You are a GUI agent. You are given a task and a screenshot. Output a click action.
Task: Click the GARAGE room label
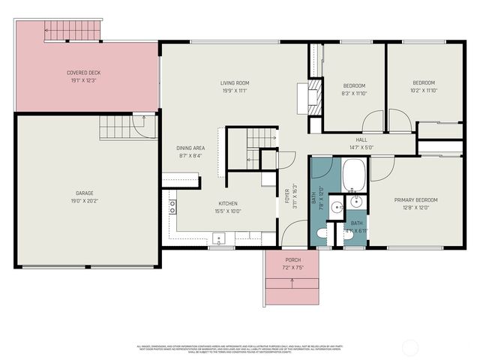click(x=84, y=193)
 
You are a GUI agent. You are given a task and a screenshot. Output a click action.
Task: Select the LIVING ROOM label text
click(x=234, y=82)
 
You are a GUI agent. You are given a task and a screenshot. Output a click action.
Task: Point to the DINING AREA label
click(x=190, y=148)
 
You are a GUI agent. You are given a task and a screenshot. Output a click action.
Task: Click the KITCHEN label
click(x=228, y=203)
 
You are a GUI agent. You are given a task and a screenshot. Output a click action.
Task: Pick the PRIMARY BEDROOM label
click(x=415, y=199)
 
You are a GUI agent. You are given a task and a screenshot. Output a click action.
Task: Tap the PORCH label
click(x=292, y=259)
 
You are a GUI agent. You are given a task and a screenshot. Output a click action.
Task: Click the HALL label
click(x=361, y=139)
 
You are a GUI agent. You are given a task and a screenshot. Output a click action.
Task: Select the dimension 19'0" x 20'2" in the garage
click(x=84, y=200)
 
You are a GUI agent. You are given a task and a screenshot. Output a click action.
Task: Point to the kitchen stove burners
click(x=172, y=207)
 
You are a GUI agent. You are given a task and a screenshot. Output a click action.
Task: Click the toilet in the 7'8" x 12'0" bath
click(x=321, y=234)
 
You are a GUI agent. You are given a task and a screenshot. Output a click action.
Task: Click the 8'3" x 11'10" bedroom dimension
click(x=354, y=93)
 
